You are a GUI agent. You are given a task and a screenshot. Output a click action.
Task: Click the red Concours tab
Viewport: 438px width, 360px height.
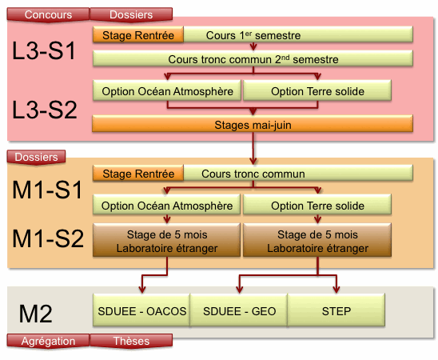pyautogui.click(x=48, y=14)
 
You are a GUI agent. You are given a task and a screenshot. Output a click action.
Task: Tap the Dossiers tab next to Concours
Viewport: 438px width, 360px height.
pyautogui.click(x=131, y=14)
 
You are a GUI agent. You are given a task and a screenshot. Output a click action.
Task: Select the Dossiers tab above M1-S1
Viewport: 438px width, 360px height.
pyautogui.click(x=36, y=157)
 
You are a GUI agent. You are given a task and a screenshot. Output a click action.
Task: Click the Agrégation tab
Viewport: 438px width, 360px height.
pyautogui.click(x=48, y=341)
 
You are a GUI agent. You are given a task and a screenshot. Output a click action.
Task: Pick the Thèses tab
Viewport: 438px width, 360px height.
pyautogui.click(x=131, y=341)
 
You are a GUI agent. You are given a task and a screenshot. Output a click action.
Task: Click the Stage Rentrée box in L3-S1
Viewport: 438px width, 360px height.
pyautogui.click(x=138, y=35)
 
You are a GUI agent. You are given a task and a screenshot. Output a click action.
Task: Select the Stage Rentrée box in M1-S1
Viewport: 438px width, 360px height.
pyautogui.click(x=138, y=174)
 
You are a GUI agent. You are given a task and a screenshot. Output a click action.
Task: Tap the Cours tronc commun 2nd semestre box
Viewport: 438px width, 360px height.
pyautogui.click(x=253, y=58)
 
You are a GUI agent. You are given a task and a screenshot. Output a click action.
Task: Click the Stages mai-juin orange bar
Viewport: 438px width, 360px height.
pyautogui.click(x=253, y=124)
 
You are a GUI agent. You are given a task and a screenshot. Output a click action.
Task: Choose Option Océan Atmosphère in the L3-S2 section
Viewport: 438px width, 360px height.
pyautogui.click(x=167, y=91)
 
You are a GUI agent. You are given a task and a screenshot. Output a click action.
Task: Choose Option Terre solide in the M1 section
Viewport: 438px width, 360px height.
pyautogui.click(x=317, y=205)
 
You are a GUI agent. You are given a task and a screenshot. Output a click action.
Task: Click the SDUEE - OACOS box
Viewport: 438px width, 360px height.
pyautogui.click(x=141, y=310)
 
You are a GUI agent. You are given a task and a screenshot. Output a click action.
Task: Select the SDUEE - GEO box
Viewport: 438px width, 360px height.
pyautogui.click(x=239, y=310)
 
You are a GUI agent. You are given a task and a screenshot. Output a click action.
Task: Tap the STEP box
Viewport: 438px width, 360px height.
pyautogui.click(x=336, y=310)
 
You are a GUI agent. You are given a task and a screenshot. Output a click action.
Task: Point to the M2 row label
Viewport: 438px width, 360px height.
pyautogui.click(x=35, y=314)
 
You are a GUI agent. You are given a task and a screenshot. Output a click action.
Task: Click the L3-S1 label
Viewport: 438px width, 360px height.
pyautogui.click(x=44, y=50)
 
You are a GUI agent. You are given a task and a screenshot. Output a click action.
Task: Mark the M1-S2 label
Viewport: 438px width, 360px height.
pyautogui.click(x=48, y=238)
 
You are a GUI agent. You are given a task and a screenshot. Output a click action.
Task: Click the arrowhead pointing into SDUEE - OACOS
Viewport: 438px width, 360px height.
pyautogui.click(x=142, y=290)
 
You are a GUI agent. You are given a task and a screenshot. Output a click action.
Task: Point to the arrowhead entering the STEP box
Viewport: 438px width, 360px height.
pyautogui.click(x=336, y=290)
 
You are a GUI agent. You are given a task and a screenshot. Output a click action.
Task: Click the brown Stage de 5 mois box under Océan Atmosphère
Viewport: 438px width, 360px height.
pyautogui.click(x=167, y=240)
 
